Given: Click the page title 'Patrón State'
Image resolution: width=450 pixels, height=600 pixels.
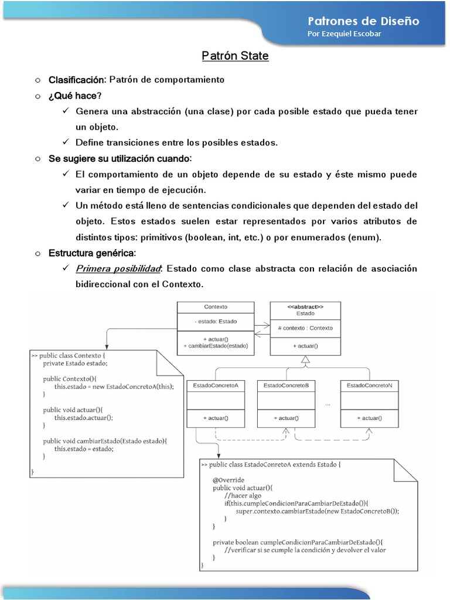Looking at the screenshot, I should (235, 56).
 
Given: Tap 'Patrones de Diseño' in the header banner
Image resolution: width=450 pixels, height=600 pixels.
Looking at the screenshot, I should (363, 21).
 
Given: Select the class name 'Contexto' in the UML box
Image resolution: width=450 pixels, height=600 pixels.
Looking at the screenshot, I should (216, 306).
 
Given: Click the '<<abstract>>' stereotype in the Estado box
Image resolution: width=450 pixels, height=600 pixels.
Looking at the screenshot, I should (305, 306).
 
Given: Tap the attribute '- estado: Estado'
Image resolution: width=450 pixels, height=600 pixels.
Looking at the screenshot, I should (216, 321).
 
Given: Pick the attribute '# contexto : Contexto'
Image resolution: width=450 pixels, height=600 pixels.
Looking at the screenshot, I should (305, 328).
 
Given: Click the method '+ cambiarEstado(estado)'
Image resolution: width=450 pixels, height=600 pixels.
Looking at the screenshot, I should (216, 346).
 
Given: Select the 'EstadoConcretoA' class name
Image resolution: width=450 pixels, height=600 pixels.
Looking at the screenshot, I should (215, 386).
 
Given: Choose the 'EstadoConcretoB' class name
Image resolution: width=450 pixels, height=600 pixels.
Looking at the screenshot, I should (286, 386).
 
